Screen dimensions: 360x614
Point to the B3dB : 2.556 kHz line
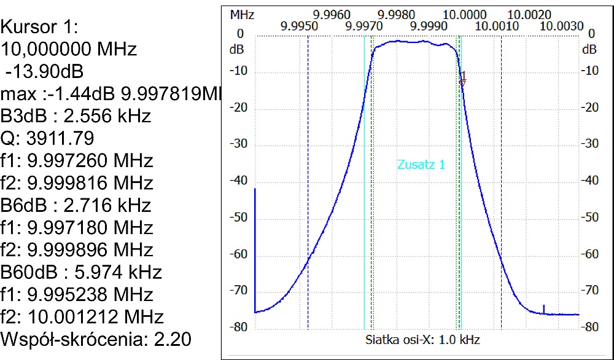click(x=76, y=116)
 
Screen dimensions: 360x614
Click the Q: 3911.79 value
click(x=47, y=138)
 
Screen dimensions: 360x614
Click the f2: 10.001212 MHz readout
click(x=82, y=317)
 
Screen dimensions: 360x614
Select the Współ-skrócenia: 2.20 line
click(x=96, y=339)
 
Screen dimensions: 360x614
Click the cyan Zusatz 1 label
click(x=421, y=165)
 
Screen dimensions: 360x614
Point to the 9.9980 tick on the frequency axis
click(x=397, y=14)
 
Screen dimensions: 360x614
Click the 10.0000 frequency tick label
click(x=461, y=14)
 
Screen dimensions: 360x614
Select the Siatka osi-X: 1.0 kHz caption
click(x=422, y=339)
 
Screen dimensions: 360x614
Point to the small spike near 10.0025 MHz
click(x=543, y=308)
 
